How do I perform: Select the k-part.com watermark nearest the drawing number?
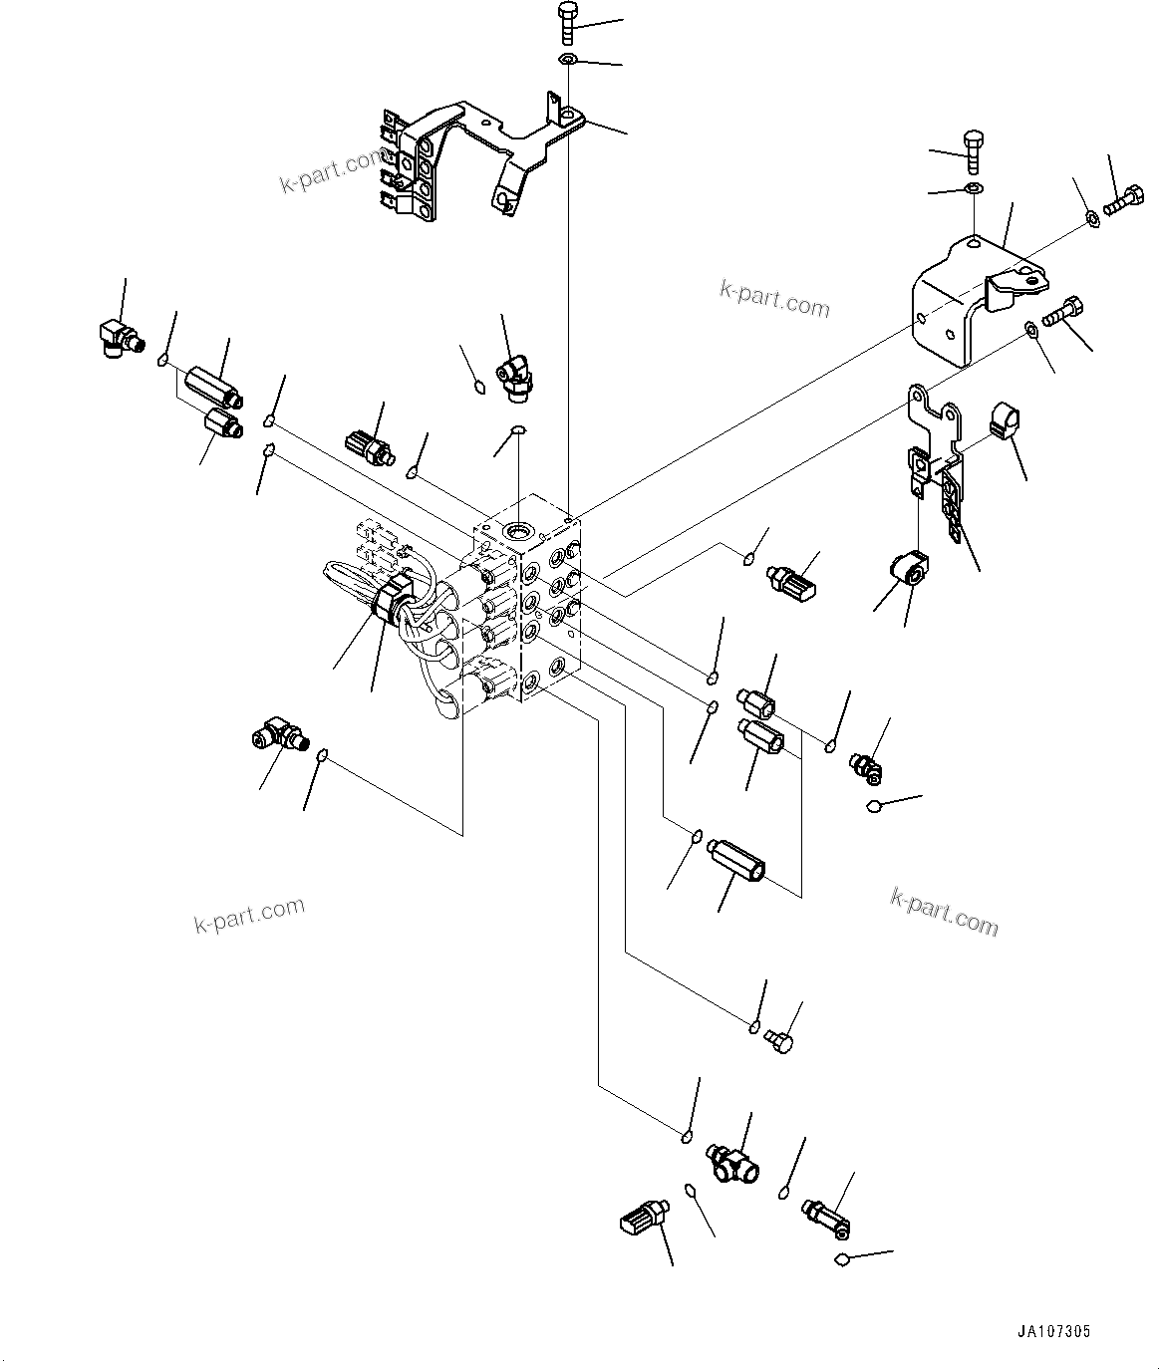tap(943, 911)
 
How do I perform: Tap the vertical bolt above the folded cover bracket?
tap(974, 150)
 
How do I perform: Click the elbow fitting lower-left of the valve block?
tap(277, 737)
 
